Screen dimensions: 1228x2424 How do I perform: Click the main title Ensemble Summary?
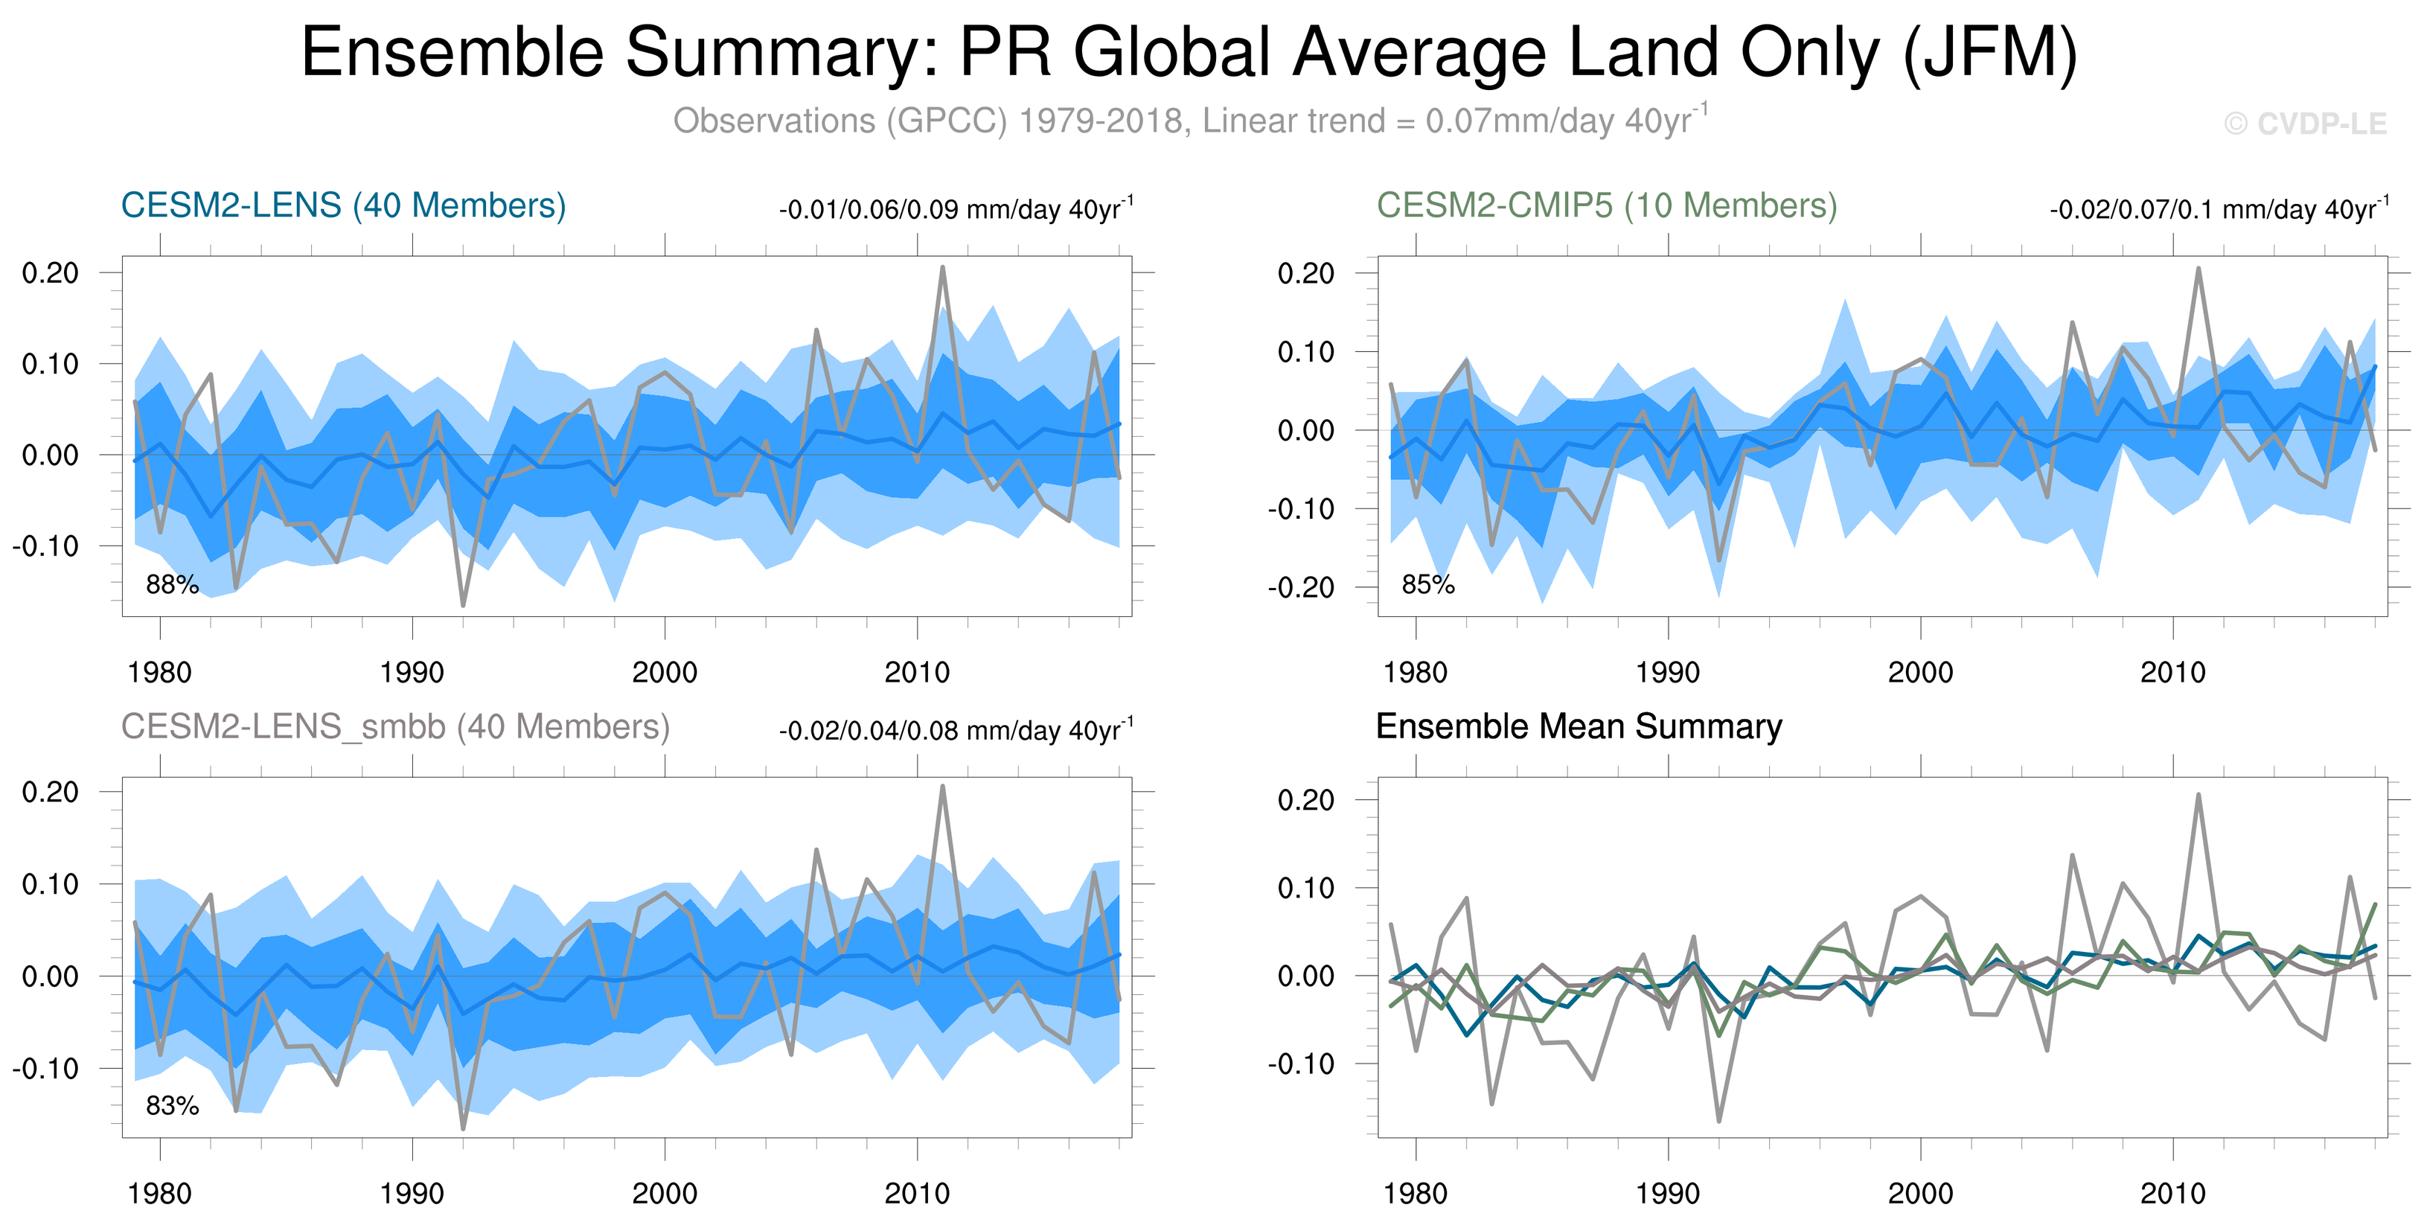pyautogui.click(x=1188, y=53)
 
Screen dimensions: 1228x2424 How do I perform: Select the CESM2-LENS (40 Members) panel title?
pyautogui.click(x=343, y=205)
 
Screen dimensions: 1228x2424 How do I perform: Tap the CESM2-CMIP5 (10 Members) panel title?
pyautogui.click(x=1606, y=205)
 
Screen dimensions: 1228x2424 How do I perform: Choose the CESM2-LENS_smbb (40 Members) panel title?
pyautogui.click(x=395, y=726)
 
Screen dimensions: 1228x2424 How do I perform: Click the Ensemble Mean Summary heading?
pyautogui.click(x=1578, y=726)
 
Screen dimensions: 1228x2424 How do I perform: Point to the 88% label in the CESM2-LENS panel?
pyautogui.click(x=172, y=584)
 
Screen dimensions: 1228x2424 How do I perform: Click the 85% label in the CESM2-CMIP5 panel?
pyautogui.click(x=1427, y=584)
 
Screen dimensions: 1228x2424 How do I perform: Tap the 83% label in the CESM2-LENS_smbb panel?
pyautogui.click(x=172, y=1106)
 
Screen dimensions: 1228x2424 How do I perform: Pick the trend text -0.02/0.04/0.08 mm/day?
pyautogui.click(x=955, y=730)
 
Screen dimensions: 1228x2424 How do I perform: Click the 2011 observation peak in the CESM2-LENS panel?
pyautogui.click(x=942, y=267)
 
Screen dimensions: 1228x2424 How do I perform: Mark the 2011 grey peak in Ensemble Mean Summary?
pyautogui.click(x=2198, y=795)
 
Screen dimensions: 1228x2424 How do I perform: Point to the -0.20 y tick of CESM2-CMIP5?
pyautogui.click(x=1300, y=588)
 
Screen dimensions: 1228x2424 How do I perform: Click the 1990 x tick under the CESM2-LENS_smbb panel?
pyautogui.click(x=412, y=1193)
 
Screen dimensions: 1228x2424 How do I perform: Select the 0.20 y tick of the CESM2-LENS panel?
pyautogui.click(x=51, y=273)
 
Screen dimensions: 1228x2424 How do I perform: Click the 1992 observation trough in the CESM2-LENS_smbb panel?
pyautogui.click(x=463, y=1128)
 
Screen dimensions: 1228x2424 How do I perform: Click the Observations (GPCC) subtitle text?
pyautogui.click(x=1189, y=121)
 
